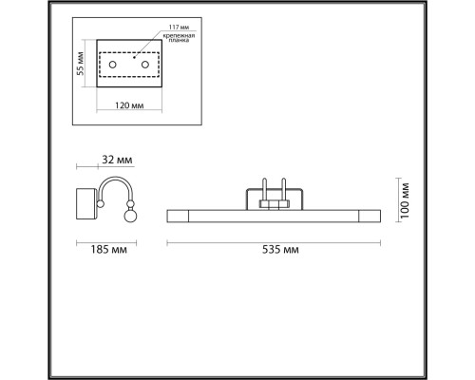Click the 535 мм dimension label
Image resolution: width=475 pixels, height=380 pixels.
click(280, 250)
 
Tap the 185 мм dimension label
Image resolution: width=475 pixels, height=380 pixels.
click(109, 250)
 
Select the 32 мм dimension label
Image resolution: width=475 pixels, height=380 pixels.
click(117, 160)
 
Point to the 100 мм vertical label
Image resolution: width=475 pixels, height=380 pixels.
click(405, 200)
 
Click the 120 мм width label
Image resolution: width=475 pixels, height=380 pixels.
click(129, 105)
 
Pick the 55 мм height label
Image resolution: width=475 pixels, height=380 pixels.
click(81, 64)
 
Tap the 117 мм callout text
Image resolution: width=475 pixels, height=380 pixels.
click(179, 28)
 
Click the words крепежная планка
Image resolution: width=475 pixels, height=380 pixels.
click(179, 38)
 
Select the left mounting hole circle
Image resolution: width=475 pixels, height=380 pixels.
click(112, 65)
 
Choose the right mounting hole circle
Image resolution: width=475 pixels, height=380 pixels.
click(145, 65)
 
